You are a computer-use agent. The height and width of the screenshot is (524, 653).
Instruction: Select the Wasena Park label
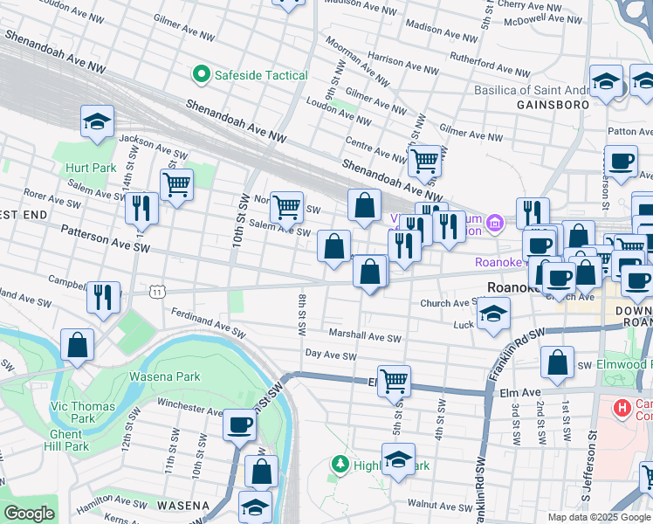coord(164,377)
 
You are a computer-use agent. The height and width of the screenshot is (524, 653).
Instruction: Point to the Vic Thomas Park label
coord(81,406)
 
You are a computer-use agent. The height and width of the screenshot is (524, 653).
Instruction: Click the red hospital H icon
coord(622,407)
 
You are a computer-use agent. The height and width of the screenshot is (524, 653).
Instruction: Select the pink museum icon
coord(495,224)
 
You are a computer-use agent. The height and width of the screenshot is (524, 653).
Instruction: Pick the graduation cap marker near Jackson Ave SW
coord(97,121)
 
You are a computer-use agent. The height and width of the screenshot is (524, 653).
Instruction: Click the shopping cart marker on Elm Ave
coord(395,380)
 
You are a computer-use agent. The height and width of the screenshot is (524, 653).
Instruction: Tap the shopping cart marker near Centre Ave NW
coord(424,160)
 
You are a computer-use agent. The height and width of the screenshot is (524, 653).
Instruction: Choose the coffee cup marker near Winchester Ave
coord(239,425)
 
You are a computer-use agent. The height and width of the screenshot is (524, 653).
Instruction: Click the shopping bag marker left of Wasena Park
coord(78,345)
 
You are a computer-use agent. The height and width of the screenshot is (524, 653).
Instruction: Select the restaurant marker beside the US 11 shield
coord(104,296)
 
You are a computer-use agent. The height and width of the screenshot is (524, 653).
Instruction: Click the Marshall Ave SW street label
coord(364,336)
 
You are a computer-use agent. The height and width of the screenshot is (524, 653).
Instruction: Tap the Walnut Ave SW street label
coord(444,505)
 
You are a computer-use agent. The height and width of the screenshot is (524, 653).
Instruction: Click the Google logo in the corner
coord(29,514)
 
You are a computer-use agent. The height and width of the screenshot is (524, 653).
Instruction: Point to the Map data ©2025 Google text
coord(599,517)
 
